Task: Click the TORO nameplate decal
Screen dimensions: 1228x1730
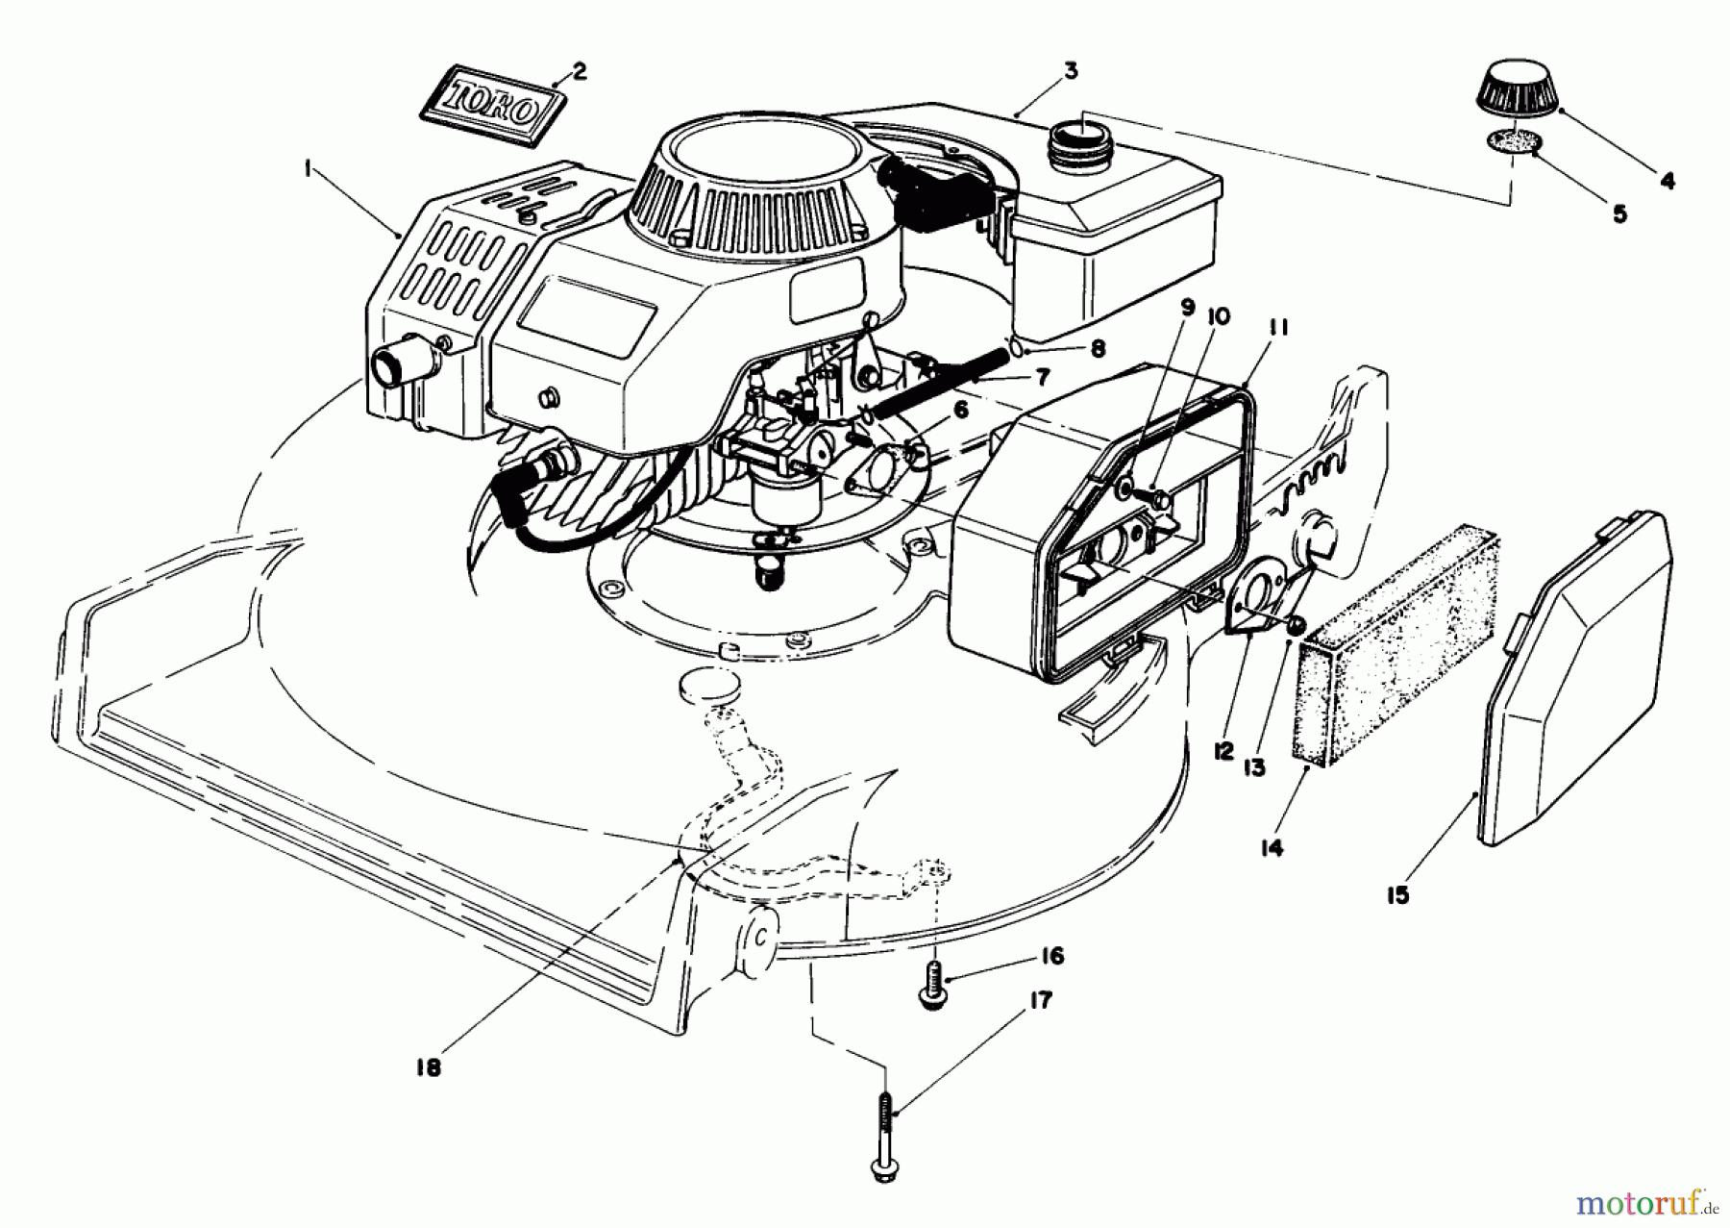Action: tap(491, 112)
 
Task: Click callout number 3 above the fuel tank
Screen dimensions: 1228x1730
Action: tap(1070, 70)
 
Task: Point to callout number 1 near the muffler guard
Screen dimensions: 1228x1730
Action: tap(308, 169)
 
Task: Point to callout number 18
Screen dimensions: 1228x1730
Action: tap(429, 1068)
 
